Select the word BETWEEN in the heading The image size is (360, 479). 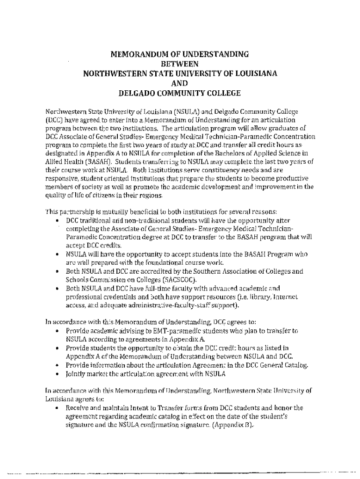[x=180, y=64]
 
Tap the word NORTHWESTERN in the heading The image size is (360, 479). [x=109, y=73]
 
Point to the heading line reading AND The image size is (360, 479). [x=180, y=83]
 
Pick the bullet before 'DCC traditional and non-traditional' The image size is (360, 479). [x=57, y=220]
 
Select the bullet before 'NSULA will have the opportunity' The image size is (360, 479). [x=57, y=254]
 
